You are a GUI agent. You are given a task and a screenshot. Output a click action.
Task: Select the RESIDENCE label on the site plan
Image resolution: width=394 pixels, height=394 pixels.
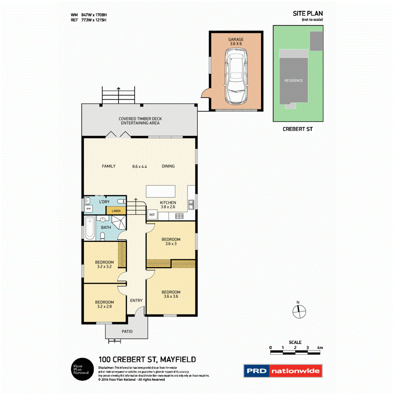[x=293, y=80]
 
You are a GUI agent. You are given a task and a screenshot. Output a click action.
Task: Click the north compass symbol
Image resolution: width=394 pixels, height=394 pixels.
[x=298, y=311]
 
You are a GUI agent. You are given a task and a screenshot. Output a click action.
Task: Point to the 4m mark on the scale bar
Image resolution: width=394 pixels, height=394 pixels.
[x=320, y=347]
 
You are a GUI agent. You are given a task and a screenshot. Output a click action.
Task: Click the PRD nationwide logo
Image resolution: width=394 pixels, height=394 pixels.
[x=282, y=371]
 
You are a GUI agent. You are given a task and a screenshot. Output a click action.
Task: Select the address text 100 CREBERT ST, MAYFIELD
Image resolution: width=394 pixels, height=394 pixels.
[x=147, y=359]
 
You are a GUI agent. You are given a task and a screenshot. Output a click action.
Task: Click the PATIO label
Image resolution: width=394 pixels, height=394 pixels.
[x=127, y=331]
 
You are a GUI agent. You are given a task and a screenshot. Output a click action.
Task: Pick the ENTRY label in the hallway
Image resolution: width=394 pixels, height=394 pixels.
[x=136, y=301]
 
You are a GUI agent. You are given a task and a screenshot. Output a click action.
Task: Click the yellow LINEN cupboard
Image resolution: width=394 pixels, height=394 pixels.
[x=116, y=210]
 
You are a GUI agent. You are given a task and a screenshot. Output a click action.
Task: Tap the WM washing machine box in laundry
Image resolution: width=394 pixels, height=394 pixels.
[x=89, y=209]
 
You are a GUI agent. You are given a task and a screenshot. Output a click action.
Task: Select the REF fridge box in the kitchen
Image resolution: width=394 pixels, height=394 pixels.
[x=152, y=215]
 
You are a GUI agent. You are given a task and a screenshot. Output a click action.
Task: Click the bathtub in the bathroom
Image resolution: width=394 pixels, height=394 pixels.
[x=90, y=229]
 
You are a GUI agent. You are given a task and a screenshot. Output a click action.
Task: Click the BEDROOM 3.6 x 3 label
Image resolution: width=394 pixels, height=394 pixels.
[x=171, y=241]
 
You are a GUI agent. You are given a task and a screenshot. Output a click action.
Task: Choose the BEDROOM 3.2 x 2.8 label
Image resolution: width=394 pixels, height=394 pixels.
[x=104, y=304]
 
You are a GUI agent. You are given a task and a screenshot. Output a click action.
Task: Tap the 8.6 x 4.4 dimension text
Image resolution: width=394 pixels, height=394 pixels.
[x=140, y=167]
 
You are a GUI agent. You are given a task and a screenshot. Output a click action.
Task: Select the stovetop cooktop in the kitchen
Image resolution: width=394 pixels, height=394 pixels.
[x=179, y=216]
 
